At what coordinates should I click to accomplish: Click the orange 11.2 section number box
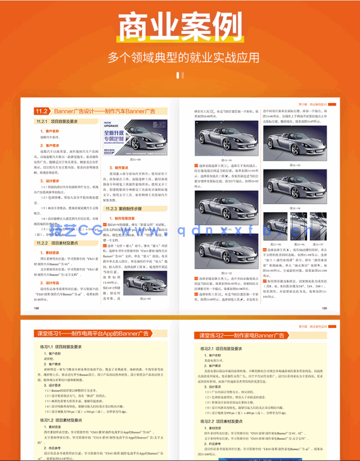coord(41,111)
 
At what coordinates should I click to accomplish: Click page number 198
coord(36,307)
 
